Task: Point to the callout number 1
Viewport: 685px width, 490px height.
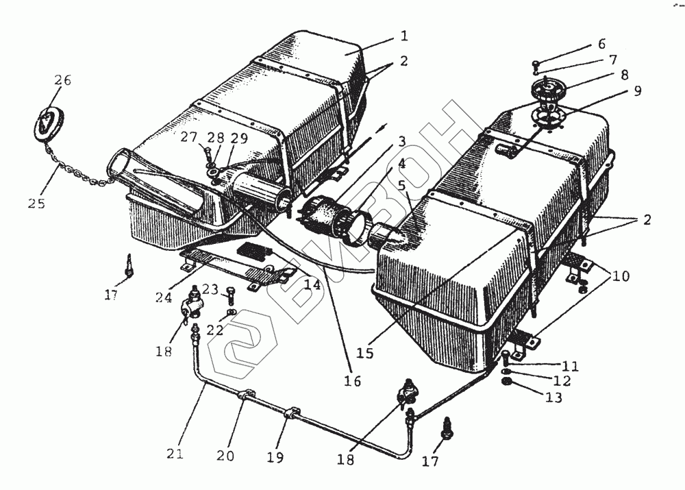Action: click(404, 35)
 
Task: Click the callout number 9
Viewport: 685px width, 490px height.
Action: click(637, 91)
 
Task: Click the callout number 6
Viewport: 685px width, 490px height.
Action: click(601, 44)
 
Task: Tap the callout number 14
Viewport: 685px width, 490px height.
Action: click(313, 284)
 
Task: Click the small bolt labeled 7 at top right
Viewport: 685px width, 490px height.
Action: click(536, 65)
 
